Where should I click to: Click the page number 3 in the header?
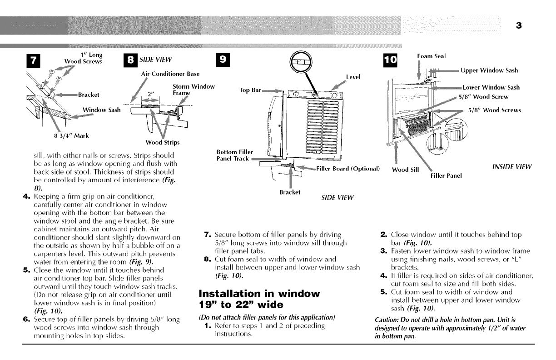click(x=518, y=26)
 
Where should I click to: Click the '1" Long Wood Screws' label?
click(x=84, y=59)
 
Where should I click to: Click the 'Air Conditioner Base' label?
click(x=170, y=74)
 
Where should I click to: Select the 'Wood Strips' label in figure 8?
click(x=162, y=142)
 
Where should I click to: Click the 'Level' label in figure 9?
click(x=353, y=77)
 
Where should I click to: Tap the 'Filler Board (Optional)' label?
click(x=347, y=169)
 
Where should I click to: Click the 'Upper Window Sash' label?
click(x=489, y=70)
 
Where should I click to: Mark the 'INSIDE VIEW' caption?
click(x=511, y=167)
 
